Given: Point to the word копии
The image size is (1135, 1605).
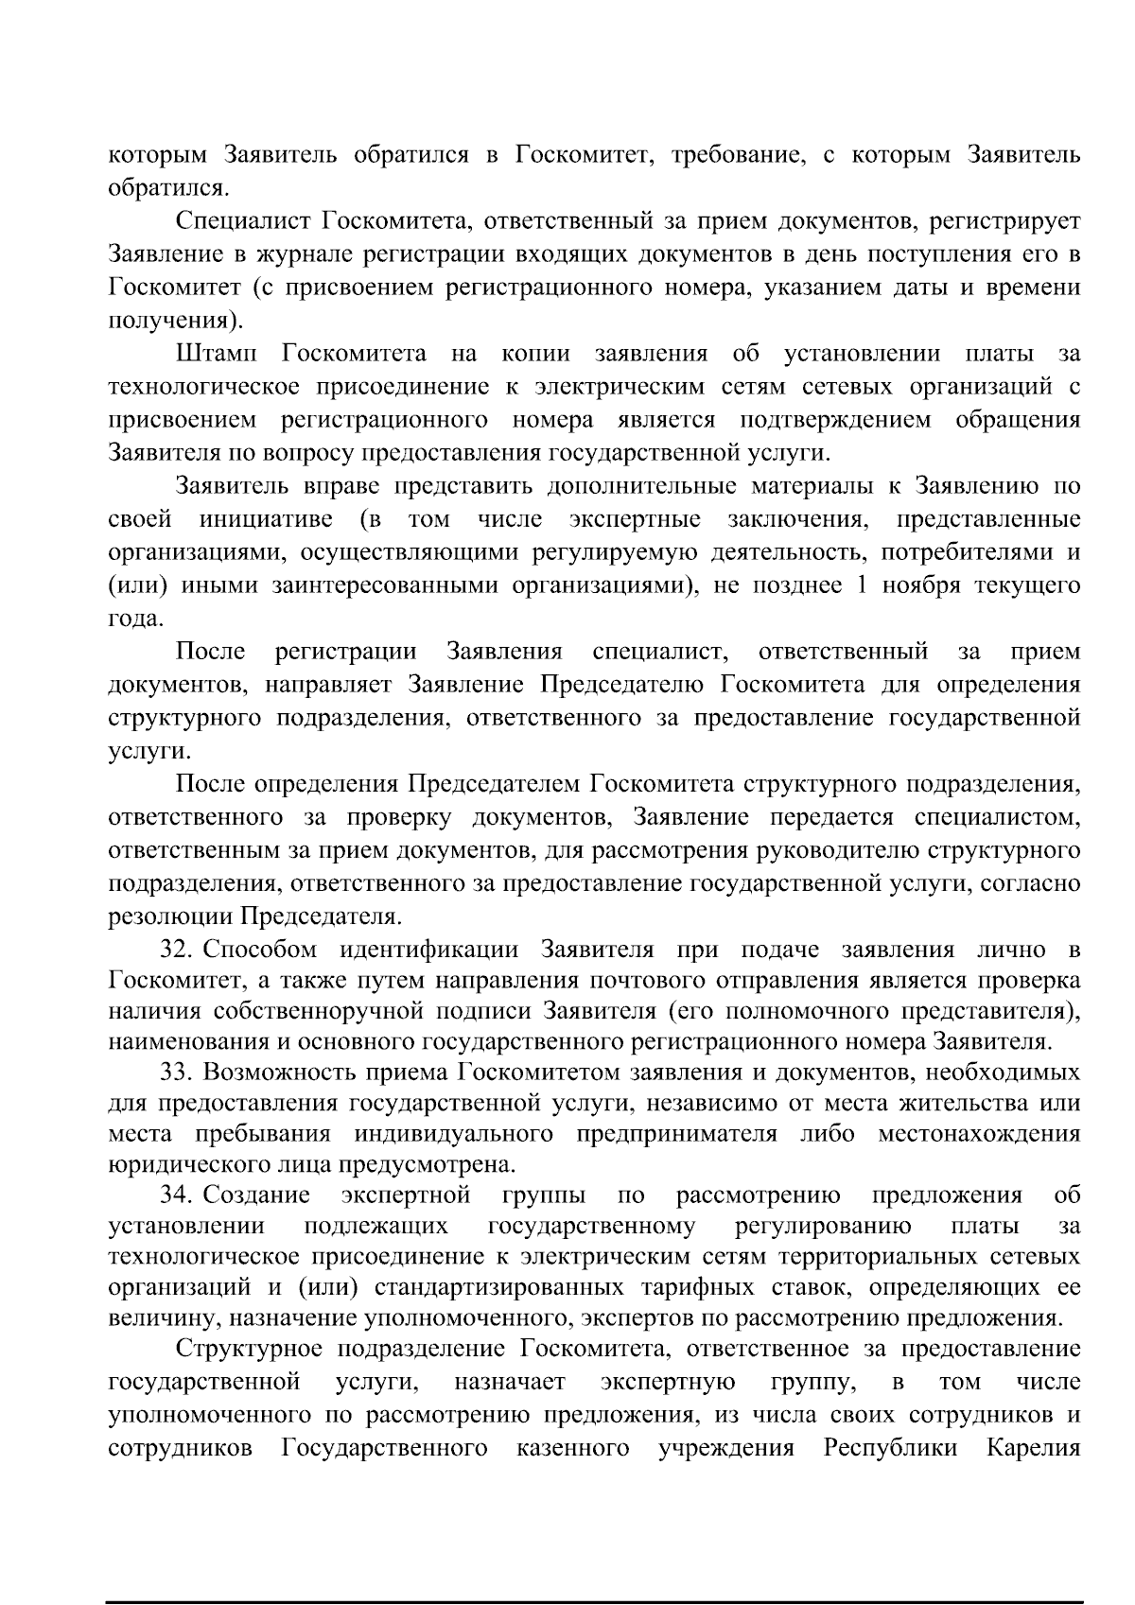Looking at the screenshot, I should point(535,354).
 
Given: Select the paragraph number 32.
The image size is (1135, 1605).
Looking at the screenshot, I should point(177,950).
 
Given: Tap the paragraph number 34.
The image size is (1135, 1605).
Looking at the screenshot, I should point(177,1195).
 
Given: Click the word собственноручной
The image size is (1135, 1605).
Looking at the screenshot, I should point(317,1011).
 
